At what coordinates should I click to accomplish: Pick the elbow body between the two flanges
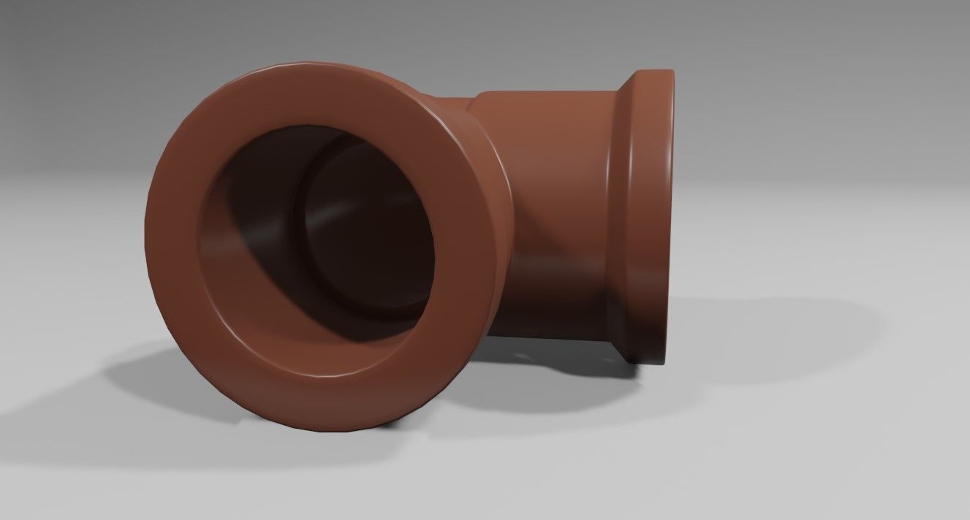pos(556,212)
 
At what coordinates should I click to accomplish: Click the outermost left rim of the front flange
pos(149,241)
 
